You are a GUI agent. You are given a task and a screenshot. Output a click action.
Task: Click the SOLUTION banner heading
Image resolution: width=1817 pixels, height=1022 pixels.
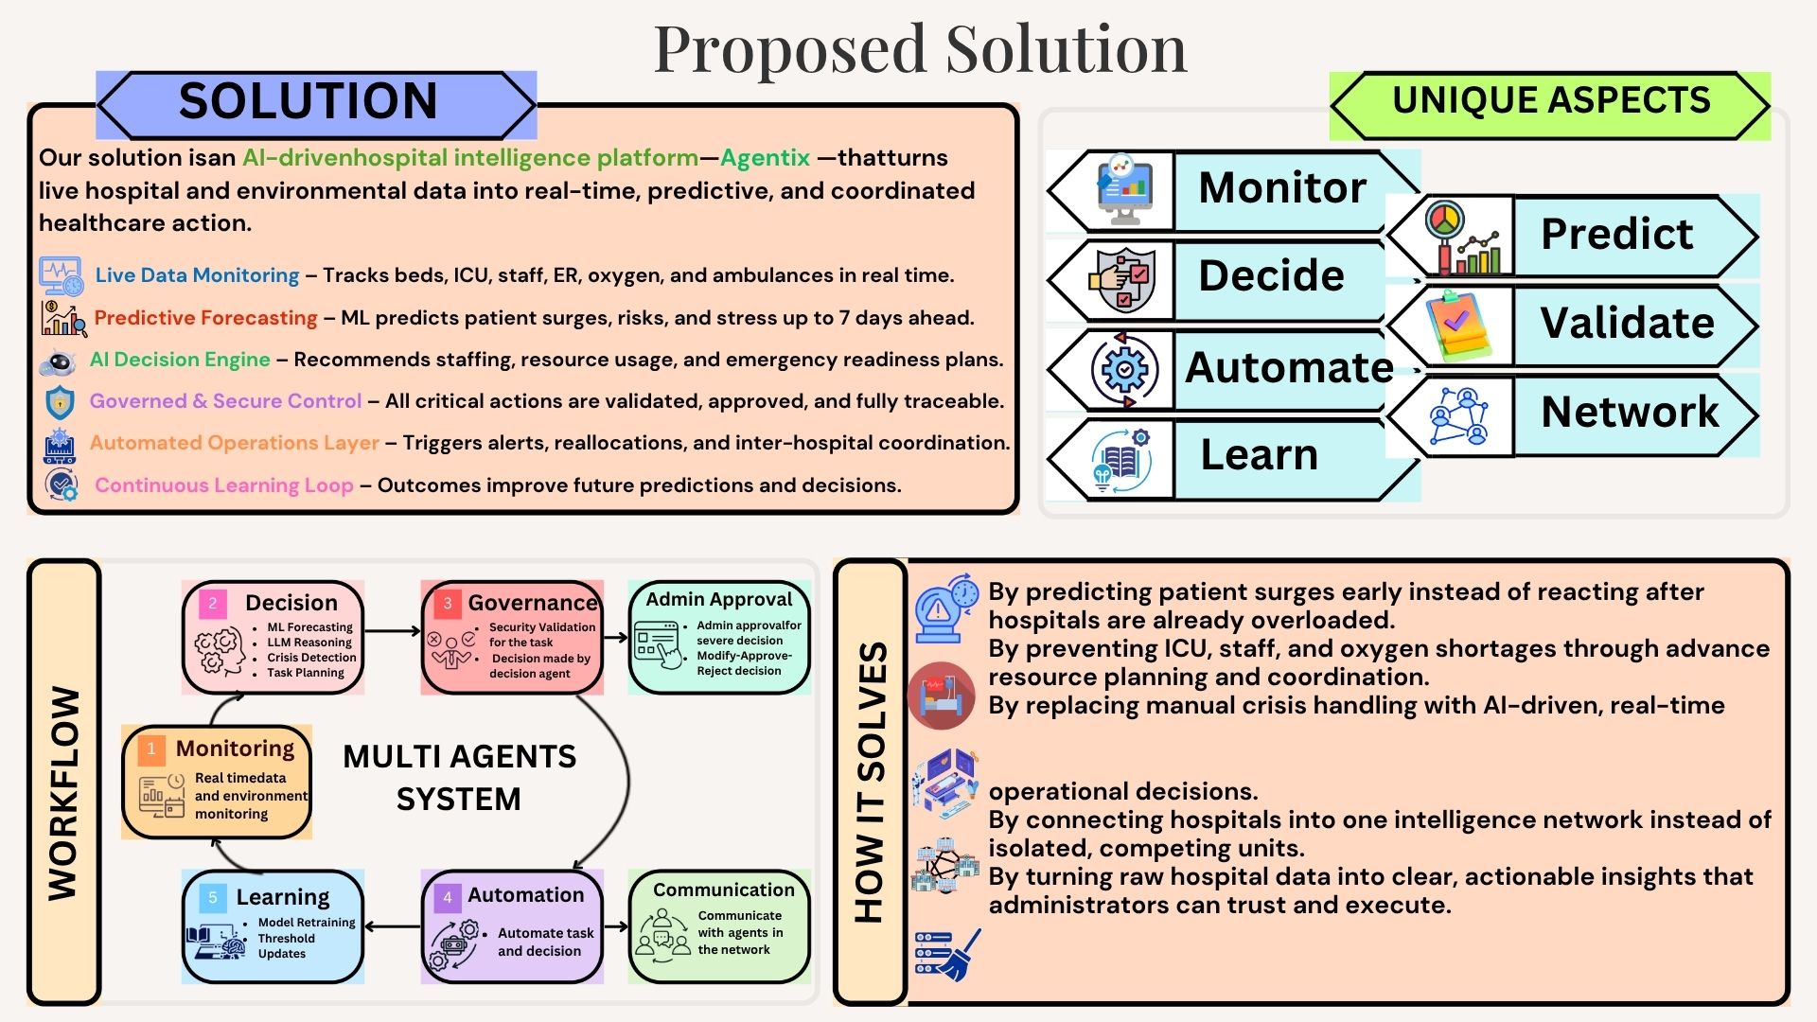pos(308,101)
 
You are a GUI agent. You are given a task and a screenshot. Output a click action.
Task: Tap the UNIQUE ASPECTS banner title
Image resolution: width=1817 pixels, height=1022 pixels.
pos(1551,100)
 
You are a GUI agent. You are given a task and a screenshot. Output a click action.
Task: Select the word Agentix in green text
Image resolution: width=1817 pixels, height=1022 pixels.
pos(765,157)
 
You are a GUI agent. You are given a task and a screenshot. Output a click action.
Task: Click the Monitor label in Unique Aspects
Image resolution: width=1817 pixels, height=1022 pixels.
pos(1282,187)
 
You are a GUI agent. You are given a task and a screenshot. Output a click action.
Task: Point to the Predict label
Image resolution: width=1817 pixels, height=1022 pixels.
pos(1616,234)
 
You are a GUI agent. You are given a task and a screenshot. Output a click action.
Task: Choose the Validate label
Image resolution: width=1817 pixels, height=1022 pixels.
pos(1627,323)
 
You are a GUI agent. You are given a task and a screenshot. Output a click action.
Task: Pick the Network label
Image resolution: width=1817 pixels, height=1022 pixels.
pos(1630,412)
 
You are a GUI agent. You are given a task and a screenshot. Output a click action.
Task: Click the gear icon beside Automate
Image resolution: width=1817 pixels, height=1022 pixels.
pos(1124,370)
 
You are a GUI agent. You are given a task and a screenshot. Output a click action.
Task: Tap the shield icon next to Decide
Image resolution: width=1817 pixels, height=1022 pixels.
pos(1122,280)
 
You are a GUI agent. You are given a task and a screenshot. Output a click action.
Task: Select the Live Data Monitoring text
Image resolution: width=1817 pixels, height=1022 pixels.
pos(197,275)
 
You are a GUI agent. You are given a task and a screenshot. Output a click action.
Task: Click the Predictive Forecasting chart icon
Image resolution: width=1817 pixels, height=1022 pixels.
pos(62,318)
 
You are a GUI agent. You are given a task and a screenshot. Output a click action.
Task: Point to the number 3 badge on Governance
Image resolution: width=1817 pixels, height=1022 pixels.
pos(448,603)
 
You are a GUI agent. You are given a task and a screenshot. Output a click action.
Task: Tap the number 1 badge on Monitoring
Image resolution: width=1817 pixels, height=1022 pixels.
pos(150,749)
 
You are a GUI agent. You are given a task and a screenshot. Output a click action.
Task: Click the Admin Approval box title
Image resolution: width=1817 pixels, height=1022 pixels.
pos(719,599)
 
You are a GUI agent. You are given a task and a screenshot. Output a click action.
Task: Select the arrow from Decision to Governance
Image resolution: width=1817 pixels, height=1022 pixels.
pos(392,630)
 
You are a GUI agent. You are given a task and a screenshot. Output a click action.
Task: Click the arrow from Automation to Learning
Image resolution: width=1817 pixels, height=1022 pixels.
pos(392,926)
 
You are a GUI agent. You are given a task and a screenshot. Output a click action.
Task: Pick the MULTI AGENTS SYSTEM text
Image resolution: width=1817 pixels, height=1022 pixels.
pos(459,777)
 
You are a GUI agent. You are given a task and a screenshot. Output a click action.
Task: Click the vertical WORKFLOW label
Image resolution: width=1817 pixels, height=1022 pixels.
pos(64,792)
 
